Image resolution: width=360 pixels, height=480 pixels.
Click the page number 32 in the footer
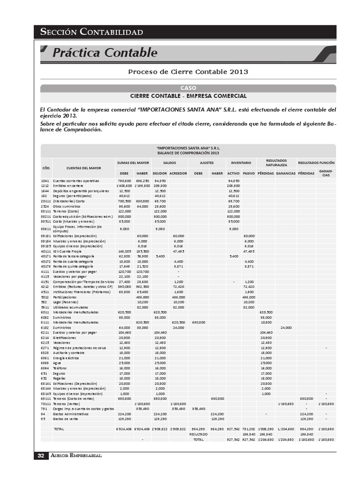(41, 456)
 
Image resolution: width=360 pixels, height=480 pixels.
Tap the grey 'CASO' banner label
(188, 88)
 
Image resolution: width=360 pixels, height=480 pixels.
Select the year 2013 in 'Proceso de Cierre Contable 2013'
(239, 72)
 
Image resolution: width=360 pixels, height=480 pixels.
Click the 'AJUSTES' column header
(207, 162)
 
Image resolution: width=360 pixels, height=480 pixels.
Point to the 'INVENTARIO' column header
(241, 162)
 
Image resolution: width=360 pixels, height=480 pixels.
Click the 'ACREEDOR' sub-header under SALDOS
(178, 173)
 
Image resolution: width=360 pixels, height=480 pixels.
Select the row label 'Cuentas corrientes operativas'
(76, 180)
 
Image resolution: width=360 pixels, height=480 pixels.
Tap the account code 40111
(45, 252)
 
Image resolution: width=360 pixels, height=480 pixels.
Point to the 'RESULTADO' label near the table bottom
(199, 435)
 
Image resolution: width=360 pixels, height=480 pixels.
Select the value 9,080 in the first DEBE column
(124, 229)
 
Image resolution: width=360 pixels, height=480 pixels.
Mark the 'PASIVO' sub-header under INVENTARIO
(248, 173)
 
